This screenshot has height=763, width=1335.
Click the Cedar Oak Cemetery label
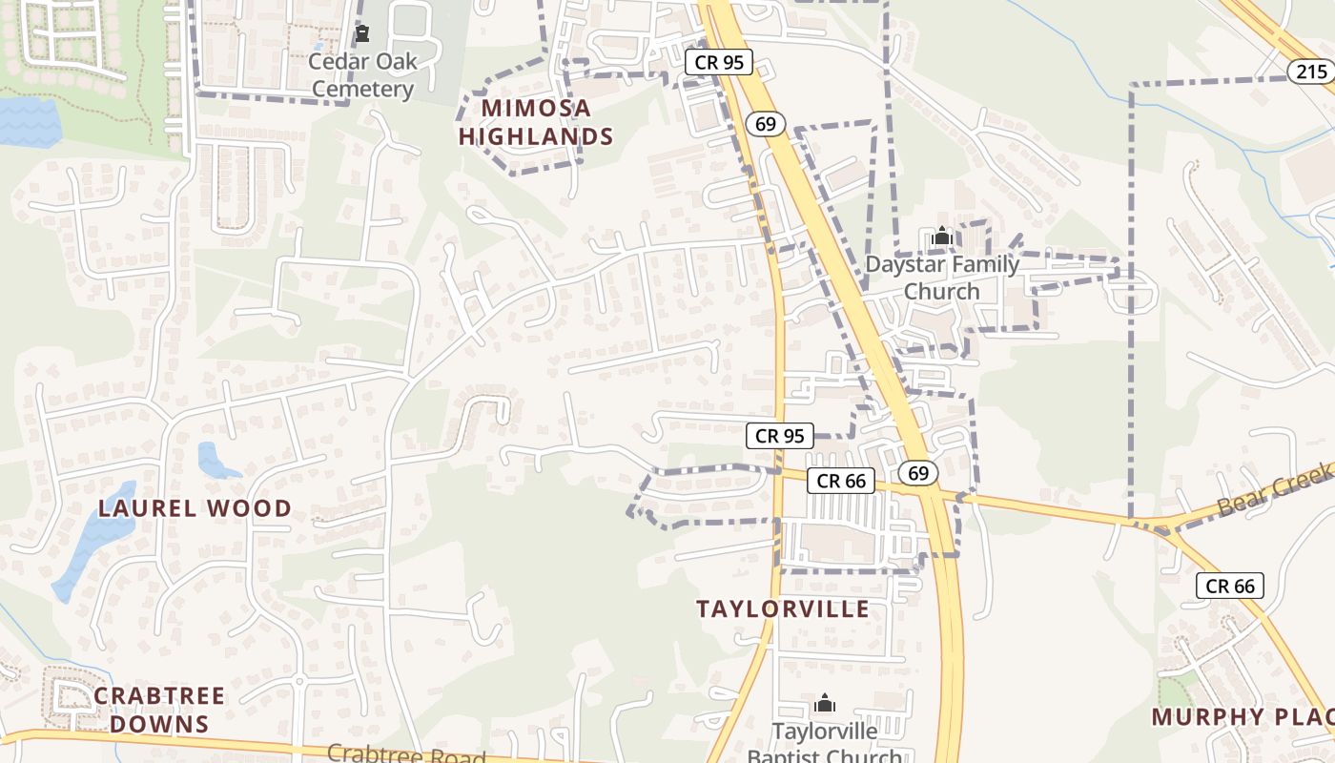pos(362,75)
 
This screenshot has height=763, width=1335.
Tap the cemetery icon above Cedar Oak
pos(362,35)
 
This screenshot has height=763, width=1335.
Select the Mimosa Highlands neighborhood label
pos(535,122)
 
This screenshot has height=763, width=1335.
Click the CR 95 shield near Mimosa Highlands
pos(719,63)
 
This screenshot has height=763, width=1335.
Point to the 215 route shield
pos(1311,72)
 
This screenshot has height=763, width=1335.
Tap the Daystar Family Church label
pos(942,278)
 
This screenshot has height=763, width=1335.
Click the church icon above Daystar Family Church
pos(942,236)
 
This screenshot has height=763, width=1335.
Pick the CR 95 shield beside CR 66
pos(779,436)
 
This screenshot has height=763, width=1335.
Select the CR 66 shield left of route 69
pos(841,481)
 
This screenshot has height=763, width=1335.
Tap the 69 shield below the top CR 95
pos(767,123)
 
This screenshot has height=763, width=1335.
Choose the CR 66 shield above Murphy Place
pos(1230,586)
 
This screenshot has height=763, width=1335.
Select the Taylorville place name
pos(783,608)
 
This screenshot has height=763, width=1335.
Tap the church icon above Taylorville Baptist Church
pos(825,705)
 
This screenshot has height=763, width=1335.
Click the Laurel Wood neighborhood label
pos(195,508)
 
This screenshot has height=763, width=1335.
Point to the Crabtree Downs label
pos(159,710)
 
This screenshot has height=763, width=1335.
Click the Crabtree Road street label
pos(406,754)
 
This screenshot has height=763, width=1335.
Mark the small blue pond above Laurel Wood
pos(216,461)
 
